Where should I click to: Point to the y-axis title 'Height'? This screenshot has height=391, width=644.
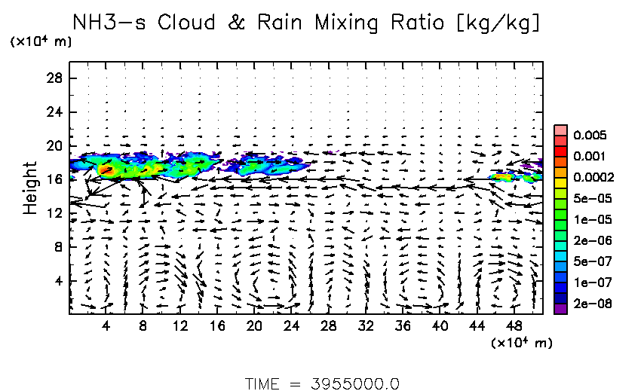tap(30, 187)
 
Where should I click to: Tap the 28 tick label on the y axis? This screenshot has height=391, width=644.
tap(54, 78)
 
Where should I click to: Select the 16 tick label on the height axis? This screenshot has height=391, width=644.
tap(54, 179)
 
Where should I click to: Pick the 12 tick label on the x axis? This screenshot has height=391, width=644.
tap(180, 325)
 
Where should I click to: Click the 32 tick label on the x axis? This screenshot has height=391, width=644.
tap(366, 325)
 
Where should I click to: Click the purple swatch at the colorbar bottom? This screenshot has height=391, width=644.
tap(560, 307)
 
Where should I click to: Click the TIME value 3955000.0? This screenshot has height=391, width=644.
tap(354, 383)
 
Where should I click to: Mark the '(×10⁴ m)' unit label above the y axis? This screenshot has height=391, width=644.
tap(41, 42)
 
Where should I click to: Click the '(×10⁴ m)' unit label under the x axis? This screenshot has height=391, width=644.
tap(521, 343)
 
